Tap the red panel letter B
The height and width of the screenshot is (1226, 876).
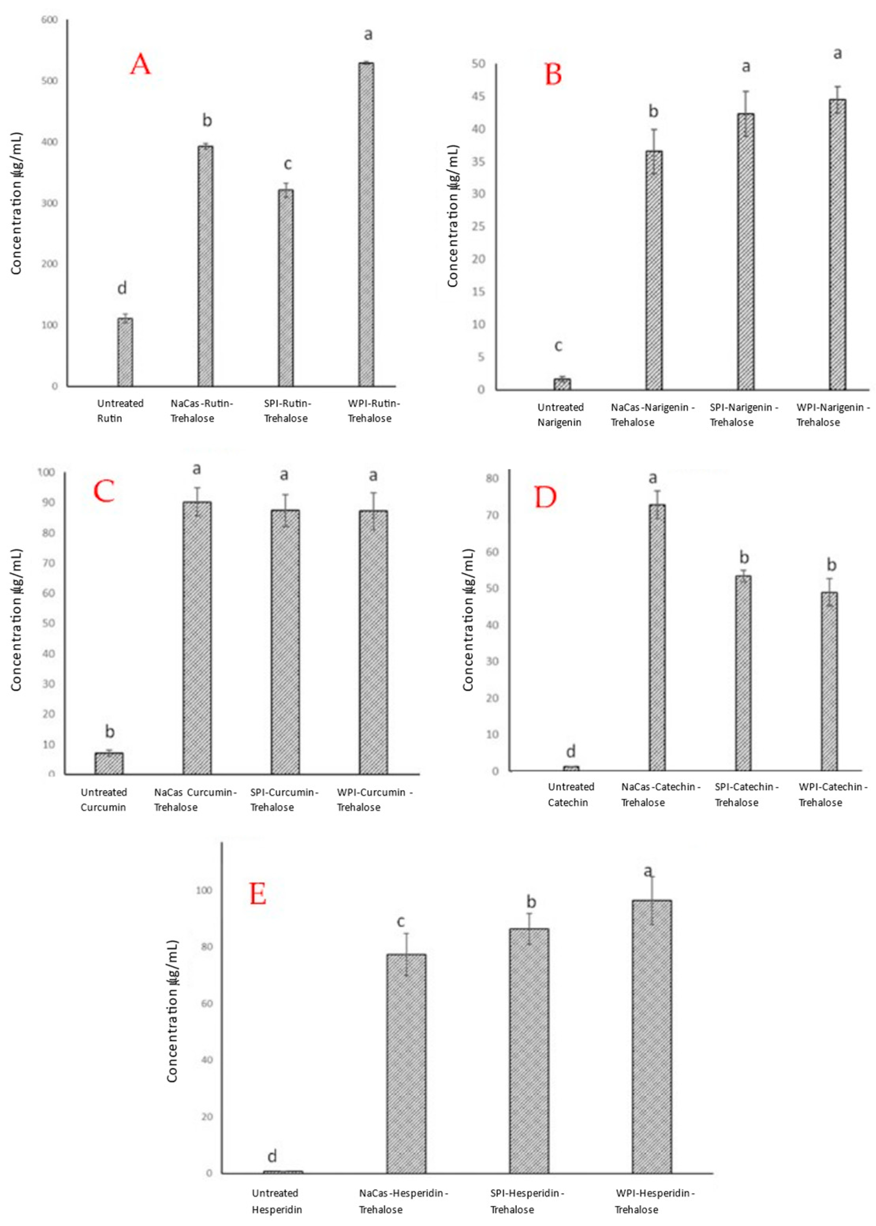click(x=553, y=75)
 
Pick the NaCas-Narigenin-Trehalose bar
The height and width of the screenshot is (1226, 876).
click(x=654, y=270)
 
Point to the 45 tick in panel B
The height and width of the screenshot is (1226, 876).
click(x=479, y=97)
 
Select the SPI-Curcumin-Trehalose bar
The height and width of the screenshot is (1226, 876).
click(x=285, y=642)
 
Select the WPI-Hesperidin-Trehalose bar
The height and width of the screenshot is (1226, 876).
click(x=652, y=1036)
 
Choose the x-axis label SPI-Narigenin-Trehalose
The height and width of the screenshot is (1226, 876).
click(x=743, y=415)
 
